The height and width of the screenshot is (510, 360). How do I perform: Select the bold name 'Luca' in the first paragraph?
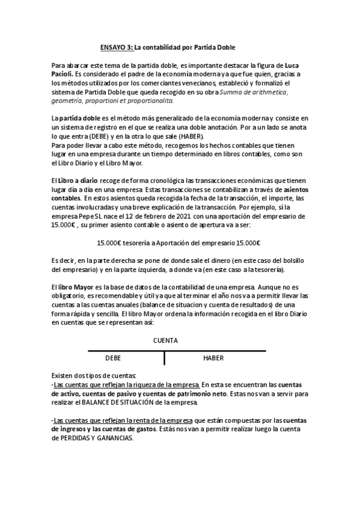pos(292,64)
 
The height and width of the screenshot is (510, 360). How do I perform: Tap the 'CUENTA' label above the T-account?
pos(165,340)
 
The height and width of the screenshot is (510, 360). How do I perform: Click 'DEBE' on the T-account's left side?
pos(113,358)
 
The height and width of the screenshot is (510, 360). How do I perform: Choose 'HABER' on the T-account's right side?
pos(213,358)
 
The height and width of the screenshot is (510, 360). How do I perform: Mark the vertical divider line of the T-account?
pos(164,358)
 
